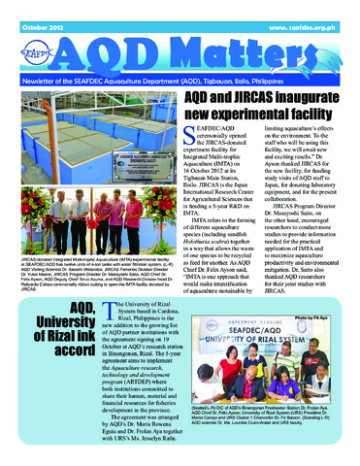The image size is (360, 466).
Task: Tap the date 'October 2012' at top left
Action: (33, 10)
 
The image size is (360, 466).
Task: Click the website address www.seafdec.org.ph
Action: (311, 10)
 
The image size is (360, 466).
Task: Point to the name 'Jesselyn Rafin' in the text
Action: (153, 451)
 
